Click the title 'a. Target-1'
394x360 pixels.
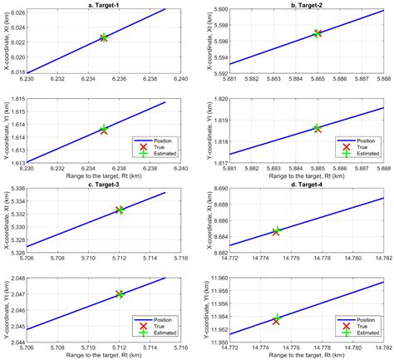coord(111,4)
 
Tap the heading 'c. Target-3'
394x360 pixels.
coord(111,185)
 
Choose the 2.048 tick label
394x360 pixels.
coord(17,279)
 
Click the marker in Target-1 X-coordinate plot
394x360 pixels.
coord(104,37)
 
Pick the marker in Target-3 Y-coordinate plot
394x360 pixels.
coord(121,294)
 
